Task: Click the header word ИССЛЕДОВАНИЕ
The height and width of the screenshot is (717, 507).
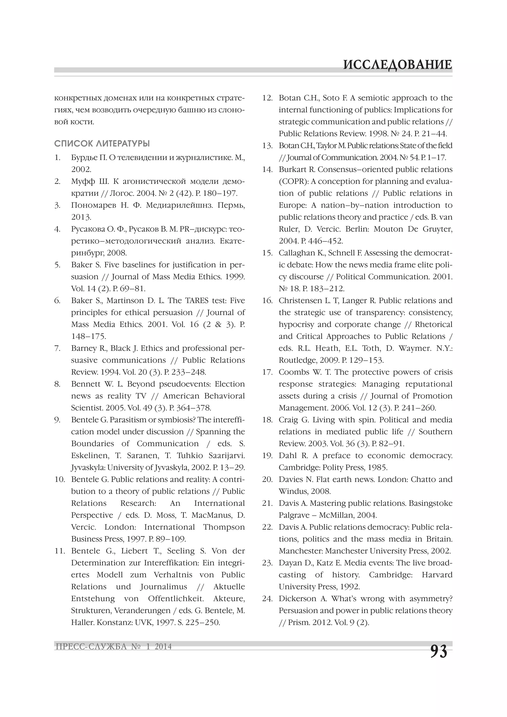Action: coord(397,65)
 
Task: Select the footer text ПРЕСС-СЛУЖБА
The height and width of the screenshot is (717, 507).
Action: coord(91,646)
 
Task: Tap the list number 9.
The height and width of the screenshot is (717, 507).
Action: coord(57,420)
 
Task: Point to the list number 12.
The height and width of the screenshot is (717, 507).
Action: coord(267,98)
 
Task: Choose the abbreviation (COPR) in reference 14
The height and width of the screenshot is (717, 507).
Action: coord(293,181)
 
